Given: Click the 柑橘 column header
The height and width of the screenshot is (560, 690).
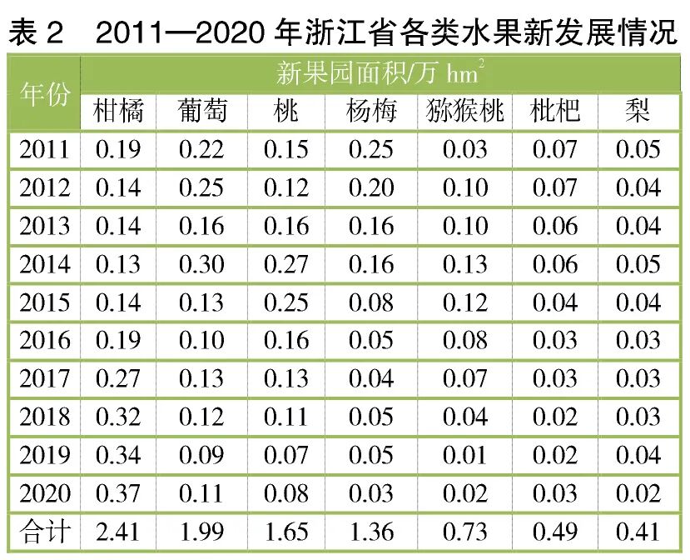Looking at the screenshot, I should click(x=118, y=111).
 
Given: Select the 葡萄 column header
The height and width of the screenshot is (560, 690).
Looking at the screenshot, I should click(x=201, y=111).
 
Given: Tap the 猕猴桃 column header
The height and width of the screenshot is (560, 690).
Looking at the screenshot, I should click(x=465, y=111).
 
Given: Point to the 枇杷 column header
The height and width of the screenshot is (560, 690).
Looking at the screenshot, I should click(x=555, y=111).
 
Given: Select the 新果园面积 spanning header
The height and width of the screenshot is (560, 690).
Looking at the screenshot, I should click(x=379, y=74).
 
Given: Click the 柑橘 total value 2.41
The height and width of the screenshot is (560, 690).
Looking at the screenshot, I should click(x=118, y=532).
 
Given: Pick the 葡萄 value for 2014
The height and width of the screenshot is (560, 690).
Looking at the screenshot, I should click(x=201, y=264).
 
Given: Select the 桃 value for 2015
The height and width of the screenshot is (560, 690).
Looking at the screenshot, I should click(x=286, y=302).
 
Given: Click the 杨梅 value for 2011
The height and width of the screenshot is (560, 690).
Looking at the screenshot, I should click(x=371, y=150).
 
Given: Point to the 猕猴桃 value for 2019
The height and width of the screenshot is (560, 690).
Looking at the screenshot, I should click(x=465, y=455).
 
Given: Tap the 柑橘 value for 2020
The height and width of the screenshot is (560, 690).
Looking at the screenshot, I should click(x=118, y=493).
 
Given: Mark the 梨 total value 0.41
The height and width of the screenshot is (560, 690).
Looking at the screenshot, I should click(x=638, y=532).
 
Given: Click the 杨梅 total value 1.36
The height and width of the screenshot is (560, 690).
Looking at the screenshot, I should click(x=371, y=532).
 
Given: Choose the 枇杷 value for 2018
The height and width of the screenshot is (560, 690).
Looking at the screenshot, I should click(x=555, y=417).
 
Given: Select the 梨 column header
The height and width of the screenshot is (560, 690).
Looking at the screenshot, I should click(x=638, y=111).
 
